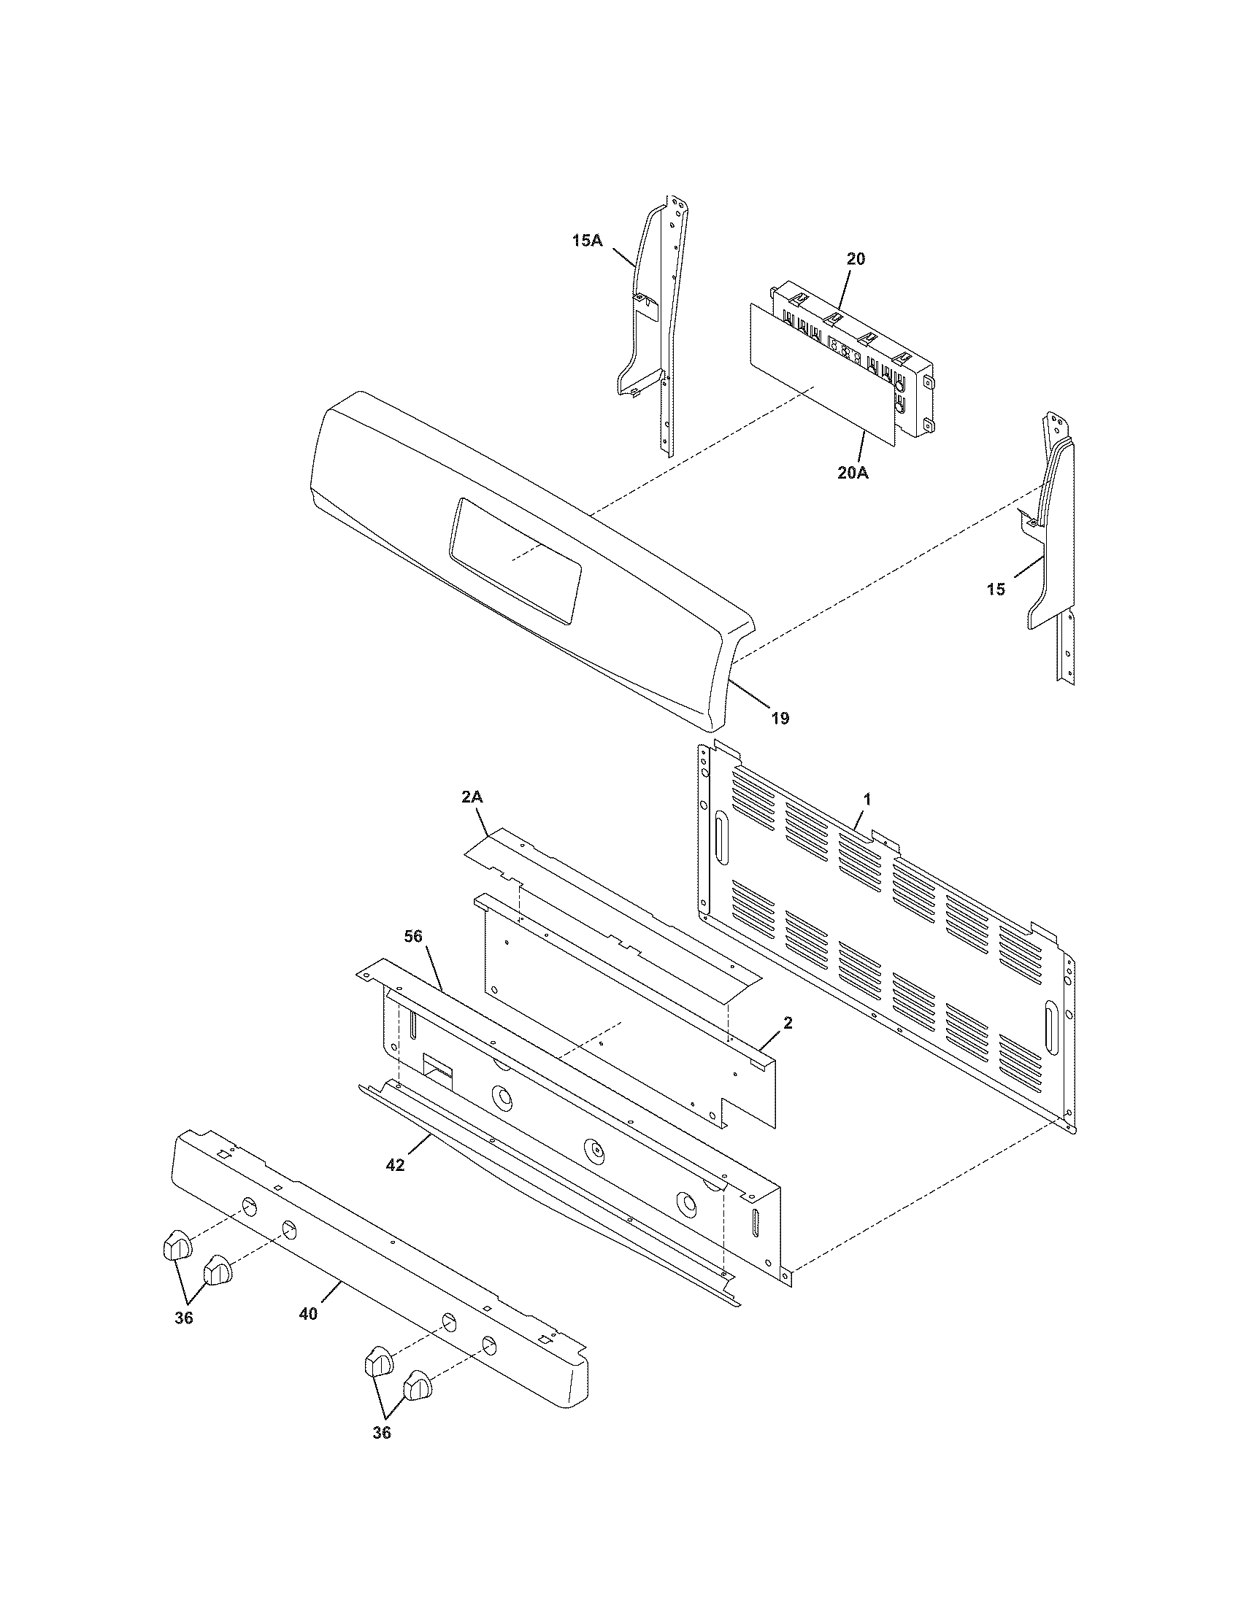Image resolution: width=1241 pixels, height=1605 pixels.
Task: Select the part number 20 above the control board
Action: point(856,259)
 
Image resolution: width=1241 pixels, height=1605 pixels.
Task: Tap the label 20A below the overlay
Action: point(853,473)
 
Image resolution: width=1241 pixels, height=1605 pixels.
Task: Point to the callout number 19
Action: point(780,718)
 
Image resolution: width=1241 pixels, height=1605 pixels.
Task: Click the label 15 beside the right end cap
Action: point(996,589)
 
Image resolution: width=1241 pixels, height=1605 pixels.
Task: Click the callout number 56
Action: point(415,936)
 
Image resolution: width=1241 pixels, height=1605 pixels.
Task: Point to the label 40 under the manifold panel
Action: point(308,1314)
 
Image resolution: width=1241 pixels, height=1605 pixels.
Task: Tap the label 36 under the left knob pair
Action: point(184,1318)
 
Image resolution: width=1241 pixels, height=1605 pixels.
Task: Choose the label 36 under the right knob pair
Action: point(382,1453)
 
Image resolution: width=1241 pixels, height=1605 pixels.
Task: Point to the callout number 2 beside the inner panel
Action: point(788,1023)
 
